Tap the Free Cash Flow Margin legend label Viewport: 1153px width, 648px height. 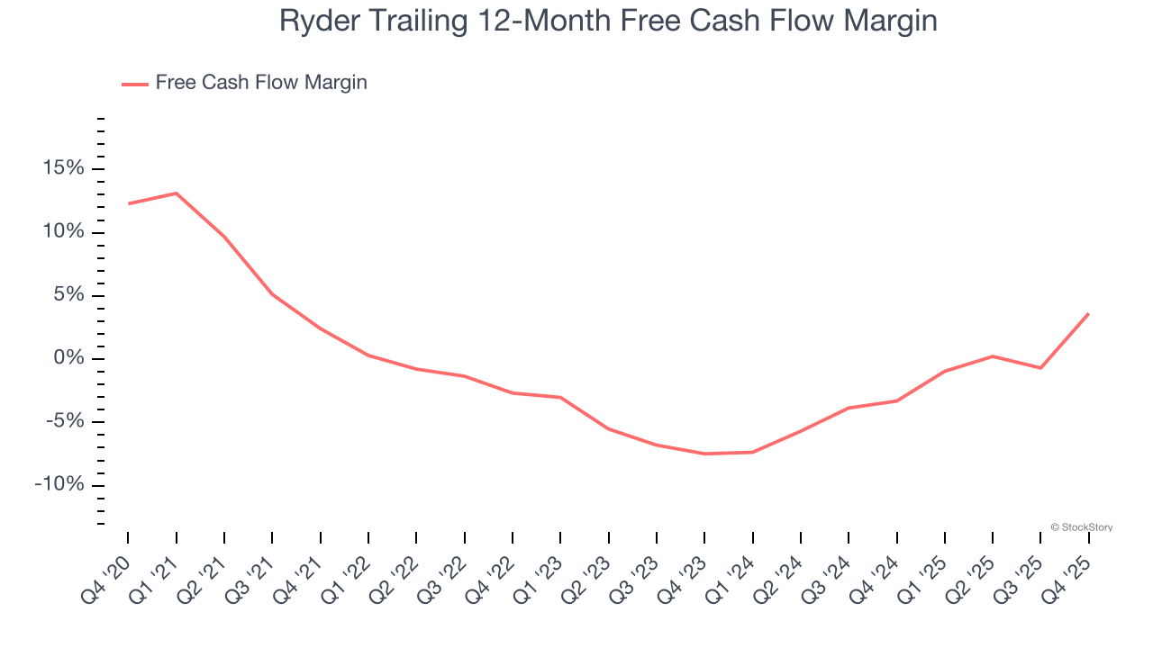(261, 83)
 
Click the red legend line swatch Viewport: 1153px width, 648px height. (135, 84)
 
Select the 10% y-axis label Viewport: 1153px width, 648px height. (62, 232)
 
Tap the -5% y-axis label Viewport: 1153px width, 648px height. (64, 422)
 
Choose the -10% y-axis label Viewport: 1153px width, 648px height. (59, 485)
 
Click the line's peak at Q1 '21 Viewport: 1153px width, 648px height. (176, 193)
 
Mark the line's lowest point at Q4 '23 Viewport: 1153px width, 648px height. (704, 454)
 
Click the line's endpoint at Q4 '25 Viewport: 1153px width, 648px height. (1088, 313)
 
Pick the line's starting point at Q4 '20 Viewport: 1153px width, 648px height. (128, 203)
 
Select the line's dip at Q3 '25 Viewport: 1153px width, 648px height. (1040, 368)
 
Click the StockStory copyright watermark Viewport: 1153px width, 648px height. (1081, 527)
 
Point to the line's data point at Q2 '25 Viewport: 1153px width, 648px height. (993, 356)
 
